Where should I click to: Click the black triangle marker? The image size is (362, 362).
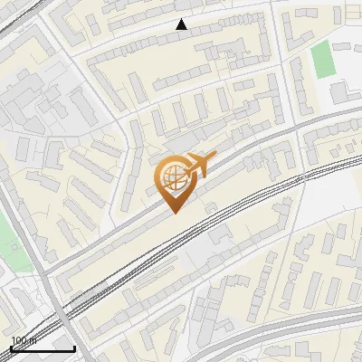(181, 24)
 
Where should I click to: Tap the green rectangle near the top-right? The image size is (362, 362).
(322, 59)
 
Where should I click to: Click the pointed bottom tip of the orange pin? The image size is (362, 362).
(172, 212)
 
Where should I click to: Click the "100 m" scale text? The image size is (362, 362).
(24, 339)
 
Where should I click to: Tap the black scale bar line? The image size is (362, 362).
(42, 348)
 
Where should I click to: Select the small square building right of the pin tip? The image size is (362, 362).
(212, 207)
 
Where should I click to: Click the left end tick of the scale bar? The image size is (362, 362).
(10, 346)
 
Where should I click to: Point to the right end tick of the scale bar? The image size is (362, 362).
(74, 346)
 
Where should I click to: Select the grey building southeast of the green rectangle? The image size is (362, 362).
(340, 91)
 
